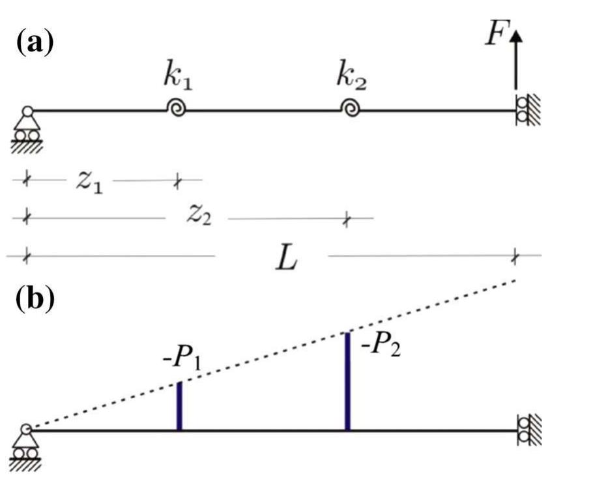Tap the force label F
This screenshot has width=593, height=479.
496,35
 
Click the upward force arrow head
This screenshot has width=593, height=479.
517,38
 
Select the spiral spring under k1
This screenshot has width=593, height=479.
176,109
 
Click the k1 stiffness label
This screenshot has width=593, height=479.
177,78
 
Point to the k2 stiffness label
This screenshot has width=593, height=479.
351,77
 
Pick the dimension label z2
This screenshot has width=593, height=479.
198,215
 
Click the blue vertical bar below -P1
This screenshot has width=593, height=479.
179,406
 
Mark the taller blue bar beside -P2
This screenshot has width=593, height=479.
347,381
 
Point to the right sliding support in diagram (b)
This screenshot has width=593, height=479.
525,431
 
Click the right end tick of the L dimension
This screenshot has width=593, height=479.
515,256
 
